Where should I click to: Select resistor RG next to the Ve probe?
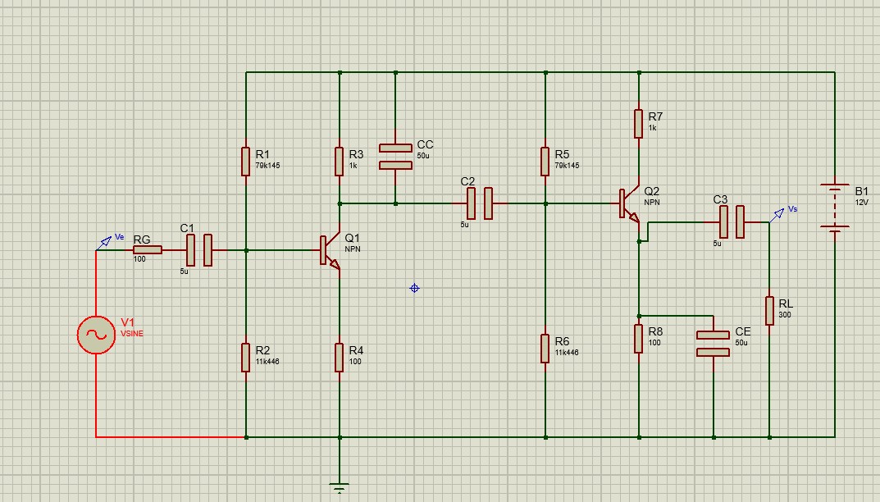click(147, 250)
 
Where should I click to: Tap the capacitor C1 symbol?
click(199, 250)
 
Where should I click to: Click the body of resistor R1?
click(245, 161)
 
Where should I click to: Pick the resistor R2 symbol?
click(245, 358)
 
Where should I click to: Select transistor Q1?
click(330, 251)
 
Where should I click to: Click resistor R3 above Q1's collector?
click(339, 161)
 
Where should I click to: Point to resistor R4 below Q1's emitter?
click(339, 358)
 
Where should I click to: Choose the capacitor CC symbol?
click(395, 156)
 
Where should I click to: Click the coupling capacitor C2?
click(480, 203)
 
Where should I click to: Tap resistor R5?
click(545, 161)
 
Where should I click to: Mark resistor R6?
click(545, 348)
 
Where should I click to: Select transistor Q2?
click(629, 204)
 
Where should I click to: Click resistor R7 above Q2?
click(638, 123)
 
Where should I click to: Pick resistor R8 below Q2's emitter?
click(638, 338)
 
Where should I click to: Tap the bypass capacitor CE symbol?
click(713, 343)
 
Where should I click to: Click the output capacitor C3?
click(732, 221)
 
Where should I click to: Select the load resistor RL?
click(769, 310)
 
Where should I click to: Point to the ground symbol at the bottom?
click(339, 488)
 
